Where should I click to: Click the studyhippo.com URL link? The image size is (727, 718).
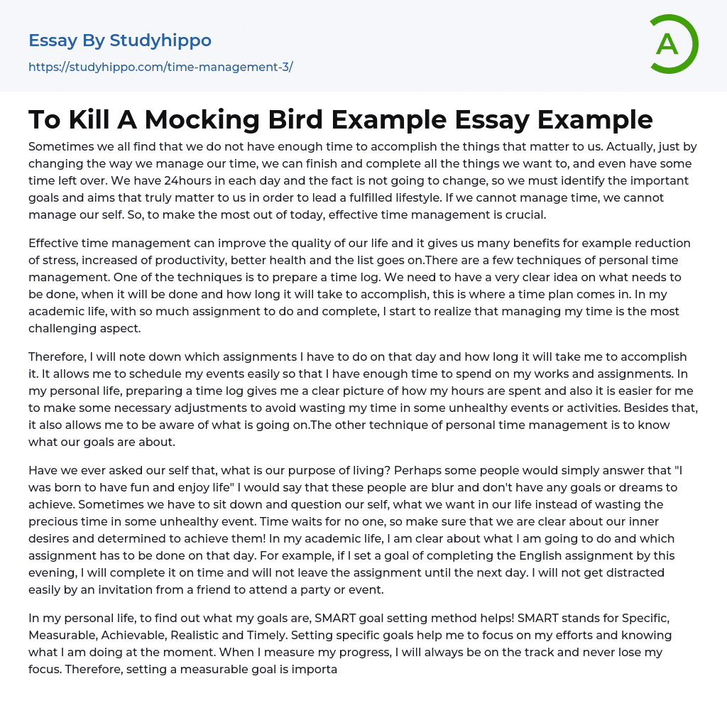160,67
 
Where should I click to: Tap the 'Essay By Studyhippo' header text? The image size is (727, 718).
120,40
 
